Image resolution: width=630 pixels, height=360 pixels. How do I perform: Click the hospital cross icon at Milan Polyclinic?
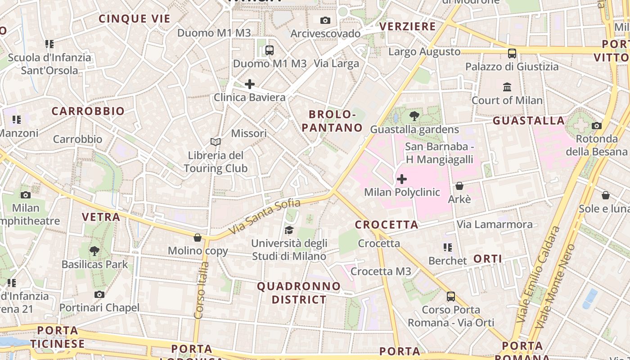point(402,179)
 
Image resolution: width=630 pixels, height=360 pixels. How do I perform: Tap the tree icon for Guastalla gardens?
point(414,116)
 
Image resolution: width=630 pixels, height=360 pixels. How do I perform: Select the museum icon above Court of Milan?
point(507,86)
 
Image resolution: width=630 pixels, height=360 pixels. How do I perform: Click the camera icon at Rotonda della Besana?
point(597,126)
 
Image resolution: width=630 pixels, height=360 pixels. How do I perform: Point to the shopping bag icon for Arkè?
point(459,185)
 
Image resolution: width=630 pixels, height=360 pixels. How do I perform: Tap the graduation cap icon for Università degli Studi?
point(289,230)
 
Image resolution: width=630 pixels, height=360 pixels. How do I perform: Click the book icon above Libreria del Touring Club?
point(216,142)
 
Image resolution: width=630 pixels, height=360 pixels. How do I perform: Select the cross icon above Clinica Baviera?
point(250,84)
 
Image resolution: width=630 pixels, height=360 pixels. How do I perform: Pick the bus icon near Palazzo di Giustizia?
point(512,53)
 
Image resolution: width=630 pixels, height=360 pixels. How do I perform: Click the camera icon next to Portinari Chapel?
point(99,294)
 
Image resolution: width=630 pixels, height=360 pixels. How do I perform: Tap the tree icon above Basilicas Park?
point(94,251)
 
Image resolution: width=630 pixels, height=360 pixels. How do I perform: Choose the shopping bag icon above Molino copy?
point(198,237)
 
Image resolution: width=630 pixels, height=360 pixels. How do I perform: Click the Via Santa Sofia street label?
point(264,216)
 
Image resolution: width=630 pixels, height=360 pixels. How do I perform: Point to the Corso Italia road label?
point(201,290)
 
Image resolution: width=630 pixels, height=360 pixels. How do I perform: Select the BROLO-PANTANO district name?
point(332,121)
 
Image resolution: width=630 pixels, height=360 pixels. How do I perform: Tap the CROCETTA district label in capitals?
point(387,225)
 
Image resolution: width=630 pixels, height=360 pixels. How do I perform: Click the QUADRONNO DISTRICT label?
point(299,292)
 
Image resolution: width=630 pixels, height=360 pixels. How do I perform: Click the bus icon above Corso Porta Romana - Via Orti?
point(451,297)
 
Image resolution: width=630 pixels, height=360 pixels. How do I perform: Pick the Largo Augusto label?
point(424,52)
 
